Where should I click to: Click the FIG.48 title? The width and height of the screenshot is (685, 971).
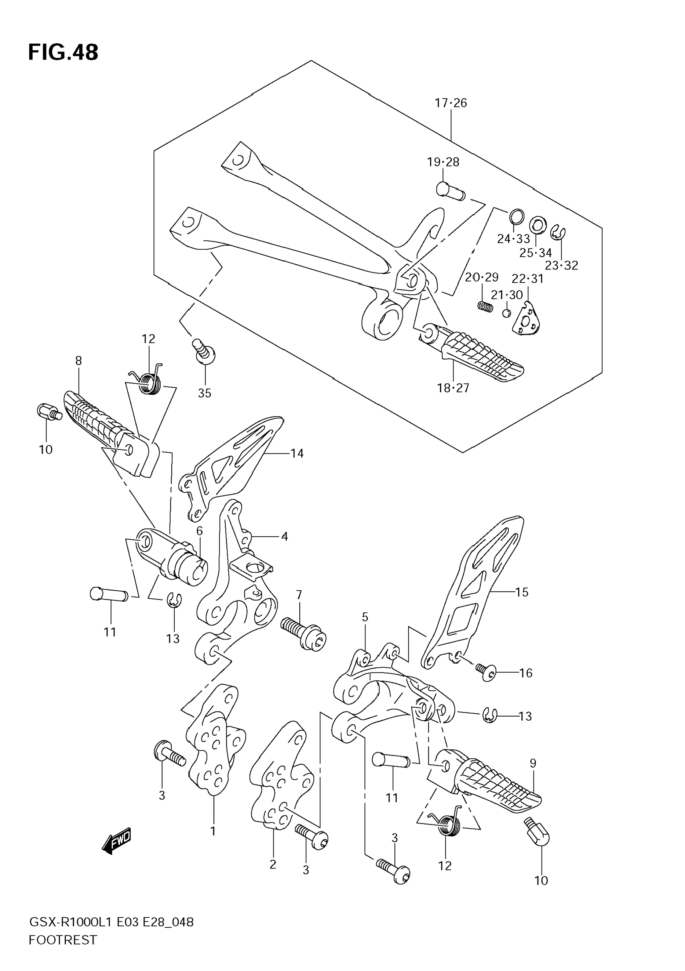[x=63, y=52]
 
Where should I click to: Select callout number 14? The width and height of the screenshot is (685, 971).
[x=297, y=453]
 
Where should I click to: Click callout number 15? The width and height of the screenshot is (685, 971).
[x=522, y=592]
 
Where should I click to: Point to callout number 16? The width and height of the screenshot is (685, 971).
[x=526, y=673]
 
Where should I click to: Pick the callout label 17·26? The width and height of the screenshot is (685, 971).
[x=451, y=103]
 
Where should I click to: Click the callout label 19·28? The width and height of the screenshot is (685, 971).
[x=443, y=162]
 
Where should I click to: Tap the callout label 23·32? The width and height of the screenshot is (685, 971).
[x=561, y=265]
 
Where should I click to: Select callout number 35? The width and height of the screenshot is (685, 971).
[x=204, y=393]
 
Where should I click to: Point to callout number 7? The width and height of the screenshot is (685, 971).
[x=299, y=595]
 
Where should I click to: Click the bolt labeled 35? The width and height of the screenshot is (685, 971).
[x=204, y=351]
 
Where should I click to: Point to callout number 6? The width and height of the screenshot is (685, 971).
[x=200, y=530]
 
